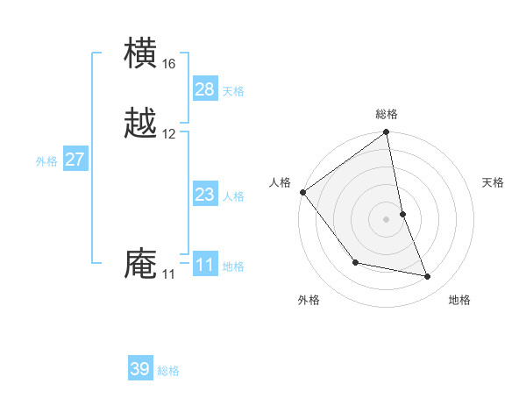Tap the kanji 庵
(141, 265)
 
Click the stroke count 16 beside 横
(168, 64)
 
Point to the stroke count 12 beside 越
(168, 134)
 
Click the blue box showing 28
(204, 89)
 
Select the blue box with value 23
(204, 195)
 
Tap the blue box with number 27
(75, 160)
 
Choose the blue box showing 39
(140, 369)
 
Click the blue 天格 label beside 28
(233, 91)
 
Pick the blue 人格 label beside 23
(233, 196)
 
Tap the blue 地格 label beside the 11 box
(233, 266)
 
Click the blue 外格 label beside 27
(46, 161)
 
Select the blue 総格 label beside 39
(168, 371)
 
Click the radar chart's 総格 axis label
(387, 114)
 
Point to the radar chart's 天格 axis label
(494, 182)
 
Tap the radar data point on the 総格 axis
(387, 133)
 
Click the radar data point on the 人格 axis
(302, 192)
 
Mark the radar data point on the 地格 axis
(428, 277)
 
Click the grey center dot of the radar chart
(387, 219)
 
